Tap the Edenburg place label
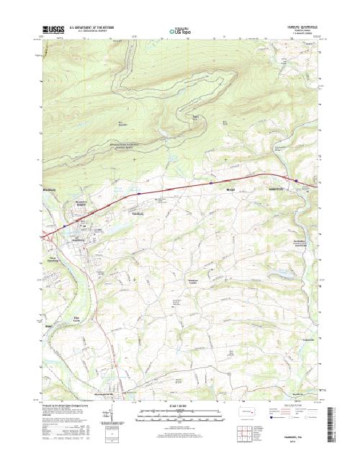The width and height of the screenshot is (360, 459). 136,215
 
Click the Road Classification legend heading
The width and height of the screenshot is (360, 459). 287,406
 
